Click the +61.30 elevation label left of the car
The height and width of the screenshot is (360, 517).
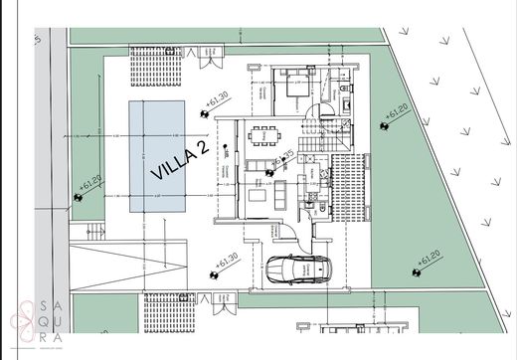(x=227, y=261)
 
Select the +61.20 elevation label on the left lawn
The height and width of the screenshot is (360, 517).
(x=90, y=182)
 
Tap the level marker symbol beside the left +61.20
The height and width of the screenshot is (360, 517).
(x=78, y=195)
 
